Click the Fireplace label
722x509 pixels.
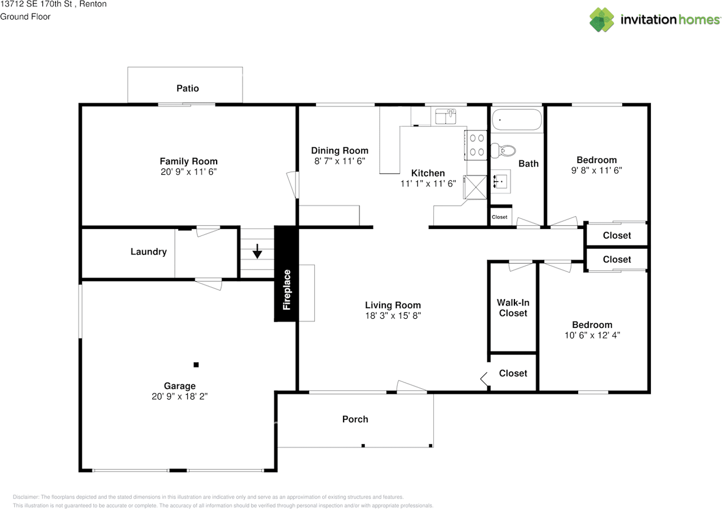287,290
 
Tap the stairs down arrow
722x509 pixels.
257,251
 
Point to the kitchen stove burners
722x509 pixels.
475,144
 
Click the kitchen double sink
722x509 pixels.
444,117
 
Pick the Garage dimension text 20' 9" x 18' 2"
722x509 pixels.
180,397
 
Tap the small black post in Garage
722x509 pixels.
196,365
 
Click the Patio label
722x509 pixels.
188,89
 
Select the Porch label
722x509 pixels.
355,419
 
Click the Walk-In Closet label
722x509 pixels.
513,308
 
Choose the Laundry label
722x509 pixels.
148,252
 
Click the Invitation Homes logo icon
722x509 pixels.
602,19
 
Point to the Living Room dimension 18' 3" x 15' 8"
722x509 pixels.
393,316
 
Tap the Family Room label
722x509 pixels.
188,161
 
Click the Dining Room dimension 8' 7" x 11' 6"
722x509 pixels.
340,160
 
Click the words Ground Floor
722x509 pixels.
25,16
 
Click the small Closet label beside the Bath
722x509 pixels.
500,217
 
